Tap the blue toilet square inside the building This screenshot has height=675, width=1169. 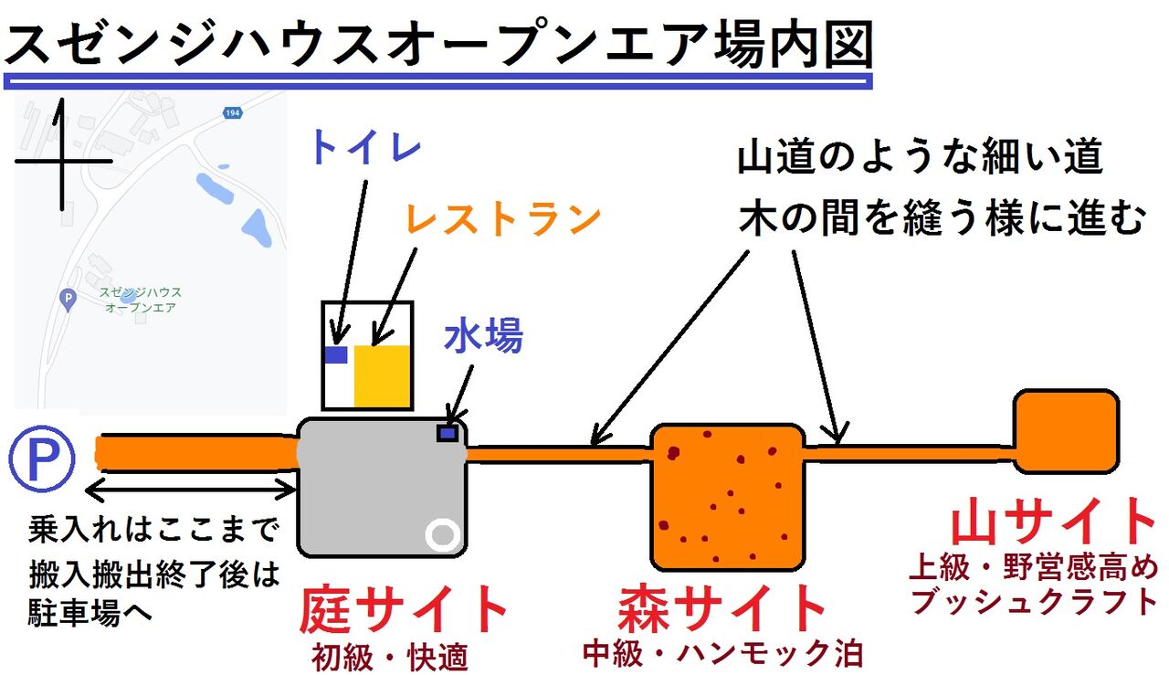tap(336, 355)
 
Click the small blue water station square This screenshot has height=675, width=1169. tap(447, 434)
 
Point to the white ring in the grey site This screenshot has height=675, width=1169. tap(443, 534)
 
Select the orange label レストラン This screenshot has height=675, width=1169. tap(503, 218)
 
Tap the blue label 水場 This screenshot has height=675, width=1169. tap(483, 337)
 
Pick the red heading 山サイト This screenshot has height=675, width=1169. tap(1054, 522)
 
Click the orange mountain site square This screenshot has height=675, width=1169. tap(1067, 431)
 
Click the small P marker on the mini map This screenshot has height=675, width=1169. tap(66, 298)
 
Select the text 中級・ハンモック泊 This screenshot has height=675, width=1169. tap(722, 654)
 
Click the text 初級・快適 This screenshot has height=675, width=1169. tap(389, 656)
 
